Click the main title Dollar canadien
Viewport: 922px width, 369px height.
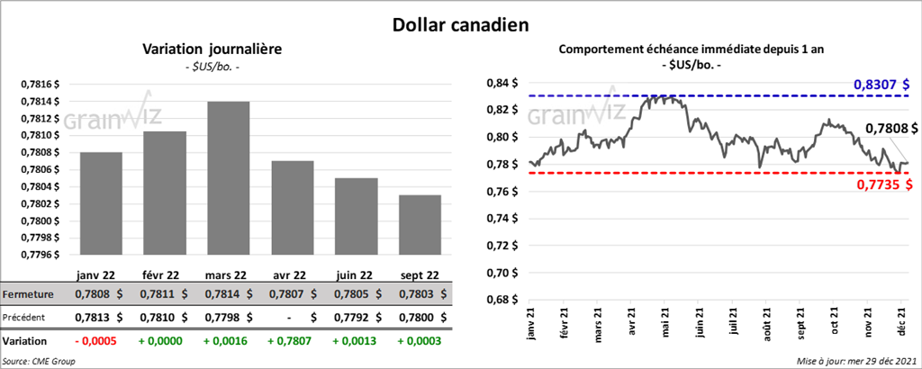[x=460, y=21]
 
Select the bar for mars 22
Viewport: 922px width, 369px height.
[x=229, y=180]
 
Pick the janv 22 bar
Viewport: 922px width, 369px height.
[x=101, y=202]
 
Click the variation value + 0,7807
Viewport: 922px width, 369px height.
[x=294, y=342]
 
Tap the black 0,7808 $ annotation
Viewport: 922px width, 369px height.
[x=890, y=130]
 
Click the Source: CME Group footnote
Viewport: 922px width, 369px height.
[x=39, y=361]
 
